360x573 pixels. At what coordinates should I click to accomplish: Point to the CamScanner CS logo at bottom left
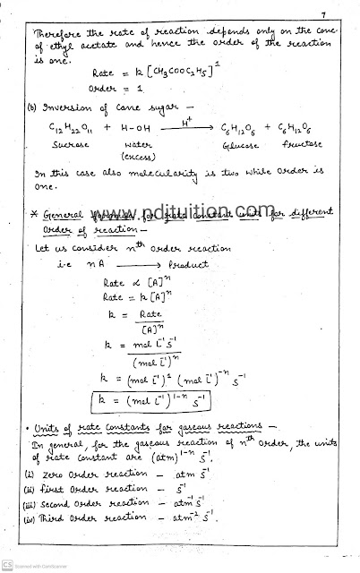tap(8, 565)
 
